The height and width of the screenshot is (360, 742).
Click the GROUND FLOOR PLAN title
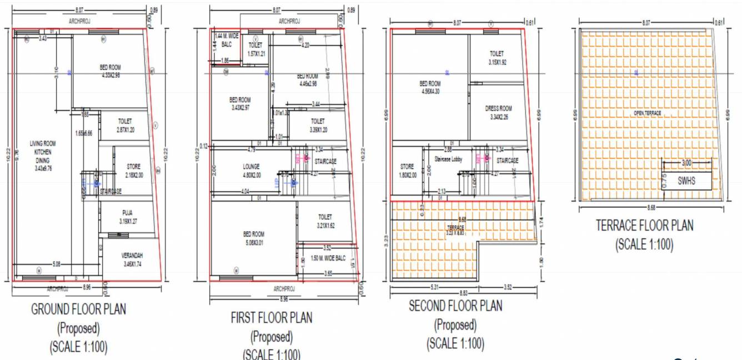click(x=78, y=309)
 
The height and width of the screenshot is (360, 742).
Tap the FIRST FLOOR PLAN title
click(x=271, y=318)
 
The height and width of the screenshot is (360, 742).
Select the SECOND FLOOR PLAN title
click(x=455, y=306)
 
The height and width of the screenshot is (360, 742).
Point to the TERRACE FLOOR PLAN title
click(x=644, y=226)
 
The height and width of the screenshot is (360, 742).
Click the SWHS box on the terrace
click(x=686, y=181)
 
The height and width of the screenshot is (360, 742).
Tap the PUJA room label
click(x=128, y=217)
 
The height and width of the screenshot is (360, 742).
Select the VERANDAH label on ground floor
click(x=133, y=259)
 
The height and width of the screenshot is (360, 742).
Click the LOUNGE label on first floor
click(x=251, y=170)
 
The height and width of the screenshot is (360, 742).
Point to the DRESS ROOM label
click(x=498, y=112)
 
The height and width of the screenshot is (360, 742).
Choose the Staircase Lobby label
click(x=448, y=159)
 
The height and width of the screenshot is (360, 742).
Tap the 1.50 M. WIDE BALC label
click(x=329, y=259)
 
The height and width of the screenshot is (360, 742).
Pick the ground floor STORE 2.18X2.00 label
click(x=133, y=171)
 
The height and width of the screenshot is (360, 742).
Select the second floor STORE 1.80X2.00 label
click(x=407, y=170)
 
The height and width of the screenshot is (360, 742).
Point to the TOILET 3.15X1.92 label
click(x=497, y=58)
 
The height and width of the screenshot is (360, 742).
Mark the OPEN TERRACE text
click(x=647, y=113)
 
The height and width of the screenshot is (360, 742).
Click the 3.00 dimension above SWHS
click(x=686, y=163)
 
